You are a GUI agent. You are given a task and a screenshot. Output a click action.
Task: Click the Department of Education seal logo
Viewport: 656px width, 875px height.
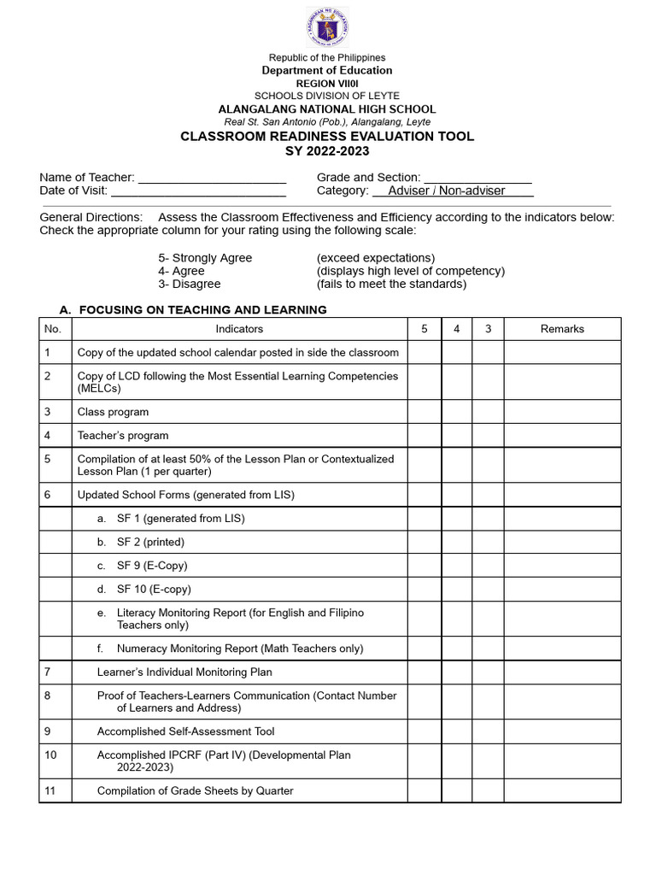[x=327, y=27]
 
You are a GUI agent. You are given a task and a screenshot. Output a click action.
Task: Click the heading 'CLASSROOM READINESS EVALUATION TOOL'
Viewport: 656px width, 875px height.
[x=326, y=137]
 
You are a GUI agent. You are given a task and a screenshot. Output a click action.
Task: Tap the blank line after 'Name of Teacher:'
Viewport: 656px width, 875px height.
[x=212, y=178]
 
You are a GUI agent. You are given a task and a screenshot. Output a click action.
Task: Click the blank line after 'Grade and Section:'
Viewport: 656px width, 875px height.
[x=477, y=178]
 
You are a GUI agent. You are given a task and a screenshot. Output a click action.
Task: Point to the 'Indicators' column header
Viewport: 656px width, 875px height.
[x=239, y=329]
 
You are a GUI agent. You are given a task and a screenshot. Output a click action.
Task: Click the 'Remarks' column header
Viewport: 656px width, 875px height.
[x=562, y=329]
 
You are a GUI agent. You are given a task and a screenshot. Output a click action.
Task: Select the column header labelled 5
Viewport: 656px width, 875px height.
[x=424, y=329]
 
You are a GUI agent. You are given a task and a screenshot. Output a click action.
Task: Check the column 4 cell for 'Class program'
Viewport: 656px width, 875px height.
[x=456, y=412]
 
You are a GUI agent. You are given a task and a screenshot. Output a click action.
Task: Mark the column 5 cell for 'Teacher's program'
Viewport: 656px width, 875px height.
[x=424, y=436]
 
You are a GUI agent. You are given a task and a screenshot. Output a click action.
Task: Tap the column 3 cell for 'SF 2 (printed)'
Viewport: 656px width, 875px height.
[x=488, y=543]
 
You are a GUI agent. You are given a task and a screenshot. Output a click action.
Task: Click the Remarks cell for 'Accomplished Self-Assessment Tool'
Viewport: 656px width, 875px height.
[x=562, y=732]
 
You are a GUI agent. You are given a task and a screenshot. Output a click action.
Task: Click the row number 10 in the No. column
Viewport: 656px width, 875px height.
[x=50, y=755]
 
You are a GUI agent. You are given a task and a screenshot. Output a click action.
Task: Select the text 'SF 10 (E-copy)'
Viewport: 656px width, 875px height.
[x=154, y=590]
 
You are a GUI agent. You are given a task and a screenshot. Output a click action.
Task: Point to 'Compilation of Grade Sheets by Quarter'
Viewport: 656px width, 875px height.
[x=195, y=791]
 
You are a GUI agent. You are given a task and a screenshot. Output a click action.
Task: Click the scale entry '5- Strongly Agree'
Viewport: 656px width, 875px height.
[x=205, y=258]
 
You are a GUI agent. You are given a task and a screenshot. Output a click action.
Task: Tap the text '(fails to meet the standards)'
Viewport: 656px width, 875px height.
[x=391, y=284]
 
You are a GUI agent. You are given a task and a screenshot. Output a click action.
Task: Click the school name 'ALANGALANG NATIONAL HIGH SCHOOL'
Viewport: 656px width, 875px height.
[x=326, y=109]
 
